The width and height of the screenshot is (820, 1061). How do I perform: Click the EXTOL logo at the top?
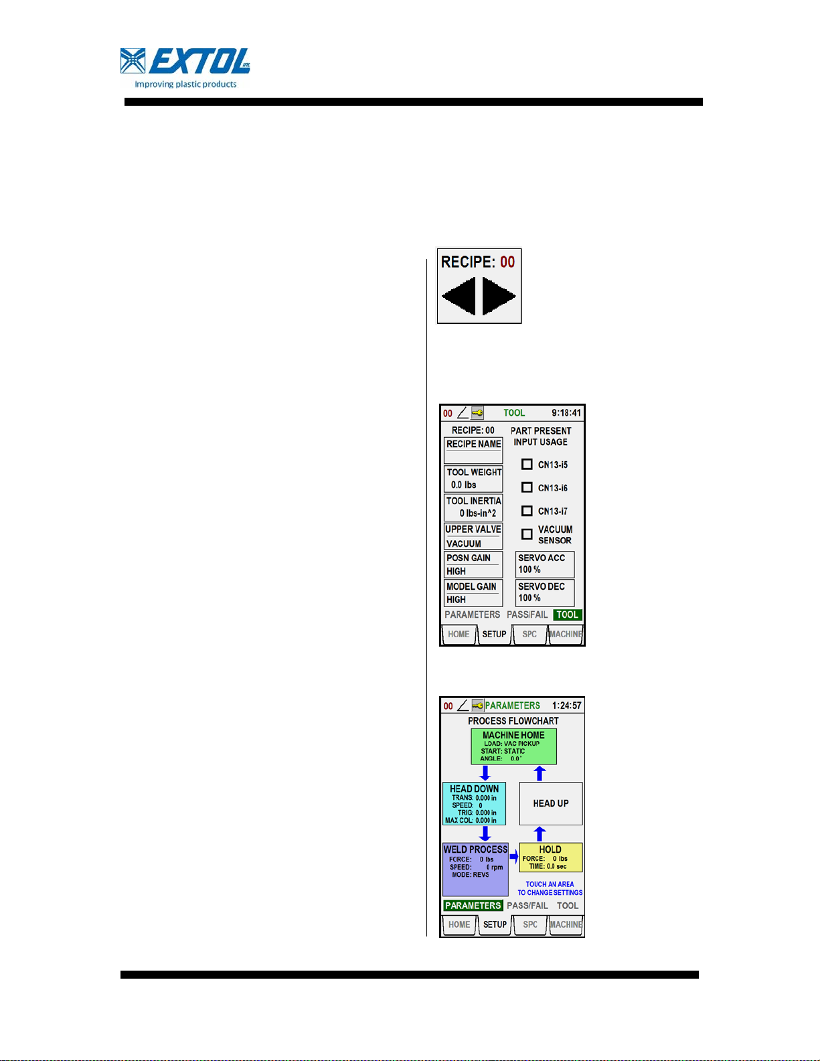185,68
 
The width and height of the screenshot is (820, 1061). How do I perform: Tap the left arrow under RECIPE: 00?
459,296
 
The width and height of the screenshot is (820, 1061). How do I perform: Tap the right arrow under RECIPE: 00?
499,296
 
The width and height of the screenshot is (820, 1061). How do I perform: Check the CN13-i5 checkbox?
527,464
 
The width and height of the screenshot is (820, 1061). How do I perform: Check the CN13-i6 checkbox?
527,487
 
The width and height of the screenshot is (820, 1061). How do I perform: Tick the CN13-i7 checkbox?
527,511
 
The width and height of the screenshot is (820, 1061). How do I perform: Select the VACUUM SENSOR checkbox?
527,534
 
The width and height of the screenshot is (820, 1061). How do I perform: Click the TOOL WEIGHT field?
473,479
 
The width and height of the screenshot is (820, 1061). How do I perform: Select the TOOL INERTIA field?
473,507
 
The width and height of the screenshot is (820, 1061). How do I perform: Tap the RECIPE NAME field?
473,450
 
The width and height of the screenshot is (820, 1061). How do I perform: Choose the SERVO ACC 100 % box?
545,564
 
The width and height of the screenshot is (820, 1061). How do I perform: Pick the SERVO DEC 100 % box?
545,592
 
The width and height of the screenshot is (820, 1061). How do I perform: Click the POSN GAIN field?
473,564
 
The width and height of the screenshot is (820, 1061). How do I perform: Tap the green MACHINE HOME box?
513,746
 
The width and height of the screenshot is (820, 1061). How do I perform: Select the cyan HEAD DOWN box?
474,803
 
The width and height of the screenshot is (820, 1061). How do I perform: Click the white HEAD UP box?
551,803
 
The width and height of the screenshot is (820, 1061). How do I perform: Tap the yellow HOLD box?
550,858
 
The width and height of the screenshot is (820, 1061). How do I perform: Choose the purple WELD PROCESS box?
475,869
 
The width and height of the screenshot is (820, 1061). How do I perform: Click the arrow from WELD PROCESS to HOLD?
513,857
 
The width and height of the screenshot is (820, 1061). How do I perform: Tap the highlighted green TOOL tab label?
568,615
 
